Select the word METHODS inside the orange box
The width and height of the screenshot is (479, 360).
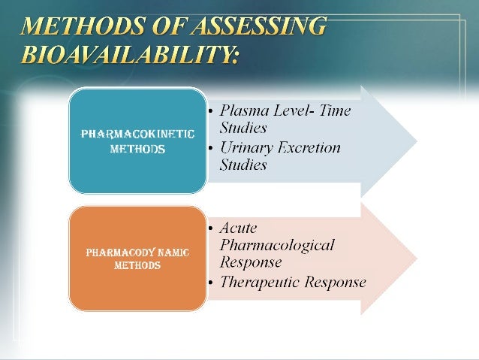pyautogui.click(x=137, y=265)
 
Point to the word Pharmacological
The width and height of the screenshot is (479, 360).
pyautogui.click(x=276, y=245)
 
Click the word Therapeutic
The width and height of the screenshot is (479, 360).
pyautogui.click(x=259, y=283)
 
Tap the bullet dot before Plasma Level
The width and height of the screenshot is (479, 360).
pyautogui.click(x=210, y=111)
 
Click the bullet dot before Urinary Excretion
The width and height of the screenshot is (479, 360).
pyautogui.click(x=210, y=149)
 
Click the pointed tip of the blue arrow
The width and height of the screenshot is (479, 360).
pyautogui.click(x=417, y=140)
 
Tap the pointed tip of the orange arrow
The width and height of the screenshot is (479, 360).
pyautogui.click(x=417, y=258)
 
